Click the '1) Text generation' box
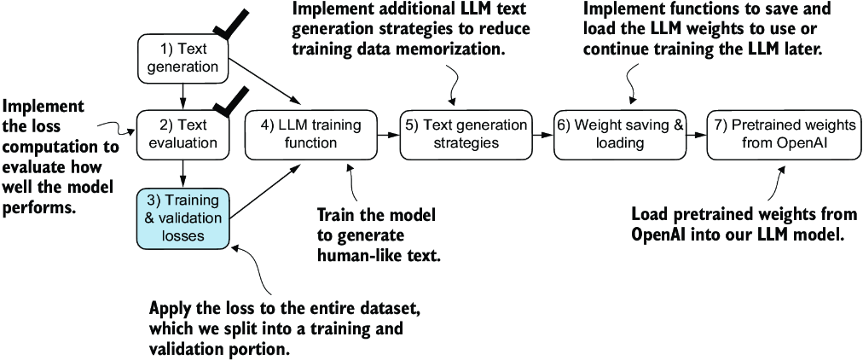[x=182, y=56]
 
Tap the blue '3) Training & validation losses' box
[x=182, y=218]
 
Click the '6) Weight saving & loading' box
[x=620, y=134]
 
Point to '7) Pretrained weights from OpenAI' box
[x=780, y=134]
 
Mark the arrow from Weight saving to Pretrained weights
[x=696, y=134]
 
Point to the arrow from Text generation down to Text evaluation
[x=182, y=91]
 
